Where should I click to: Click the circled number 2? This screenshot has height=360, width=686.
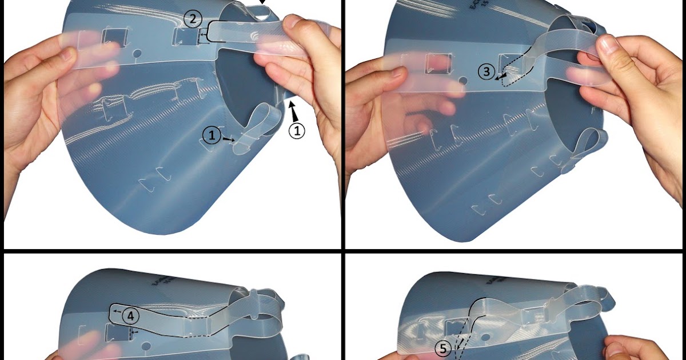[x=193, y=19]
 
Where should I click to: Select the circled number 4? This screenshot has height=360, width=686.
[x=130, y=315]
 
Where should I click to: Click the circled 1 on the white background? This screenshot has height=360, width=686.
[x=297, y=131]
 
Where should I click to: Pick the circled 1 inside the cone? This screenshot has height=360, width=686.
[x=212, y=135]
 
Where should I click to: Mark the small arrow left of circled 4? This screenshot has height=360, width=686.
[x=116, y=312]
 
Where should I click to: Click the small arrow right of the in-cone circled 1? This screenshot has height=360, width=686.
[x=229, y=139]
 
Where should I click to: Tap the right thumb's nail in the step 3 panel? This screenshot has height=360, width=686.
[x=607, y=43]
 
